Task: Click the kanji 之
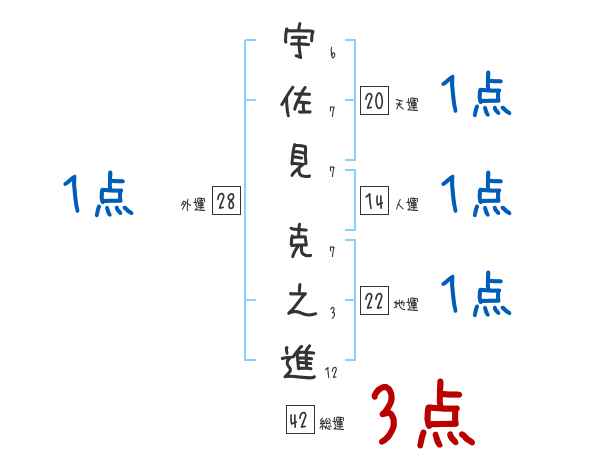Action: coord(299,304)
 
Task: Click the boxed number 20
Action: coord(374,99)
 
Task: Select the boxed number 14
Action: coord(374,201)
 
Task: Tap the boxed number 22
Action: coord(374,302)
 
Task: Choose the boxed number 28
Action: coord(226,202)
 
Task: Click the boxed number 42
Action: coord(298,422)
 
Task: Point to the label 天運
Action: coord(406,103)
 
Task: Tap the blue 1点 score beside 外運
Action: coord(97,195)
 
